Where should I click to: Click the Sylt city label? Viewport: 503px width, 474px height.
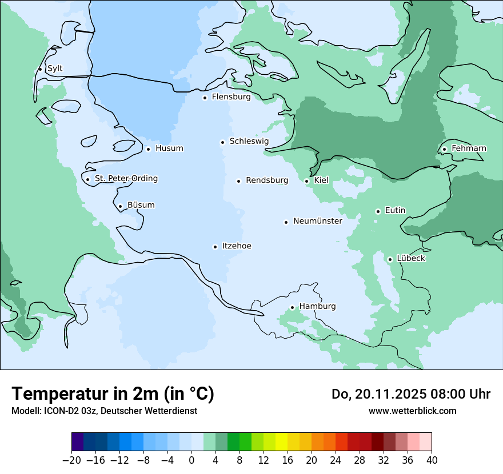tap(55, 69)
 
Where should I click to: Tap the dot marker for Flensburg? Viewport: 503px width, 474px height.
tap(205, 98)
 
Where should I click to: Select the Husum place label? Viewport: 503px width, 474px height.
tap(169, 148)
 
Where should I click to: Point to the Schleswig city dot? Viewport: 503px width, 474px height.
tap(222, 142)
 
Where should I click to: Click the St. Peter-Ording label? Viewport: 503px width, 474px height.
tap(126, 179)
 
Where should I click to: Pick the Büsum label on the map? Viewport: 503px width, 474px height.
tap(141, 205)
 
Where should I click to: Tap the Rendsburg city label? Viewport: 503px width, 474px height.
tap(267, 180)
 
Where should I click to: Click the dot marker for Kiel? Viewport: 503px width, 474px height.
tap(307, 181)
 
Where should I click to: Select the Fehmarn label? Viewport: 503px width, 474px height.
tap(469, 148)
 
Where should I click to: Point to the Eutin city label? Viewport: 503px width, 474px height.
tap(395, 211)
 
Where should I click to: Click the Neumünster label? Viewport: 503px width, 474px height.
tap(318, 221)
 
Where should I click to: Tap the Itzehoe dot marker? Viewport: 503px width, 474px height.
tap(215, 247)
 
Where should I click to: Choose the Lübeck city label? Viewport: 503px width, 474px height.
tap(411, 259)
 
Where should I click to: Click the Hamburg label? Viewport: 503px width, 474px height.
tap(317, 307)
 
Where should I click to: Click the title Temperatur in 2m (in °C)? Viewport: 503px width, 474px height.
tap(113, 393)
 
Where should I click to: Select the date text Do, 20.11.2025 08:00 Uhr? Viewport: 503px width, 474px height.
tap(410, 394)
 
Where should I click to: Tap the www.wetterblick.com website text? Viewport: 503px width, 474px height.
tap(412, 411)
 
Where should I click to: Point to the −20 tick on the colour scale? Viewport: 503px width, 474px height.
tap(71, 460)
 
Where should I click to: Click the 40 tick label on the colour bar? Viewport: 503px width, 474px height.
tap(432, 460)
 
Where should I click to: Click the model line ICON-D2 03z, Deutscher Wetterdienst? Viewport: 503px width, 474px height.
tap(104, 411)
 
